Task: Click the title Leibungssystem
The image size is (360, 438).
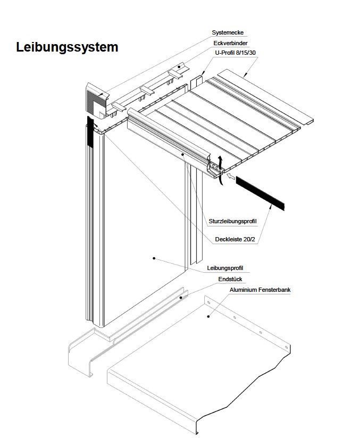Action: [x=67, y=47]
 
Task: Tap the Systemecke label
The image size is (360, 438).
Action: [x=227, y=33]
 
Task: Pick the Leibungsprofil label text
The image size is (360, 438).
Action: [x=227, y=268]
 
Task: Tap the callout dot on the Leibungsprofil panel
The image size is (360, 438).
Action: [x=154, y=258]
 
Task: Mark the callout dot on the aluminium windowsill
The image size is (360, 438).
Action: [x=208, y=317]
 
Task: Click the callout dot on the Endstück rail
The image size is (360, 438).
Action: [x=181, y=298]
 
